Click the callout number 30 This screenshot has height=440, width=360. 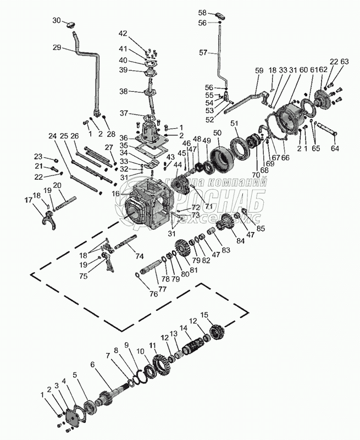click(57, 20)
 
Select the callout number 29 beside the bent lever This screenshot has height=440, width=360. click(57, 48)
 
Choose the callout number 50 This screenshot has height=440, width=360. click(217, 133)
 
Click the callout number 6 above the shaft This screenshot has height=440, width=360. click(92, 364)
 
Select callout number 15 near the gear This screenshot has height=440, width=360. click(205, 315)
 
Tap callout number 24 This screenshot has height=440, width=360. click(52, 136)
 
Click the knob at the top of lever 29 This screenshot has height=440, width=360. click(71, 23)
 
